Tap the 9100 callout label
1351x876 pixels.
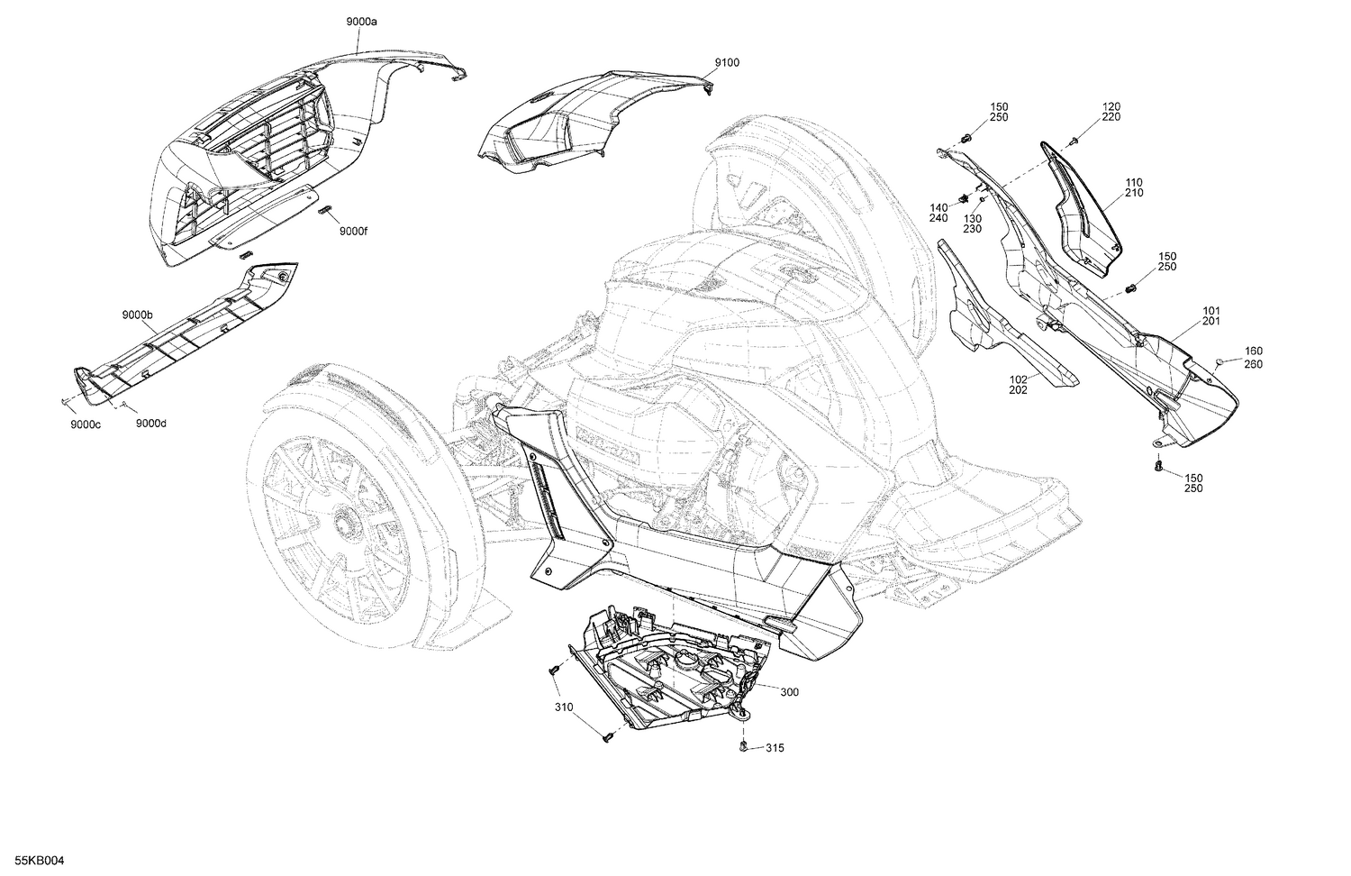click(727, 62)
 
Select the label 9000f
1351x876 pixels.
click(354, 231)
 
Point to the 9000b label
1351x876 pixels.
click(138, 315)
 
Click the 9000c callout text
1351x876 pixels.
click(85, 424)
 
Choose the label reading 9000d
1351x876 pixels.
click(150, 424)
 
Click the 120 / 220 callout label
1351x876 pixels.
click(1111, 112)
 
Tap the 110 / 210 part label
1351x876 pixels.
click(1134, 187)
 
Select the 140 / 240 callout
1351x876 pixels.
click(940, 213)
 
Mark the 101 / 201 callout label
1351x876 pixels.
click(1211, 315)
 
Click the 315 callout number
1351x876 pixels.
click(774, 748)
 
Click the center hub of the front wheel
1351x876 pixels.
click(342, 522)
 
